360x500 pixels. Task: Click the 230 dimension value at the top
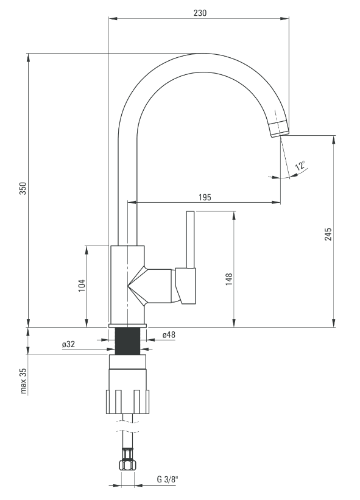coord(200,13)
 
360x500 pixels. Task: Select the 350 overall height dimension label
coord(23,188)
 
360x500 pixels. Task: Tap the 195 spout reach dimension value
coord(205,197)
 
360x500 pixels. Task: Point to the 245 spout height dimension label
coord(328,234)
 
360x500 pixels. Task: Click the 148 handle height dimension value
coord(229,280)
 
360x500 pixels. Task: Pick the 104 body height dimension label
coord(82,286)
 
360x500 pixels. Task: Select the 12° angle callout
coord(300,166)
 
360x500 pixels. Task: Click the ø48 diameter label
coord(169,335)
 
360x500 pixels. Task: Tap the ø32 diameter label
coord(69,344)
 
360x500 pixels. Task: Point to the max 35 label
coord(23,381)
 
